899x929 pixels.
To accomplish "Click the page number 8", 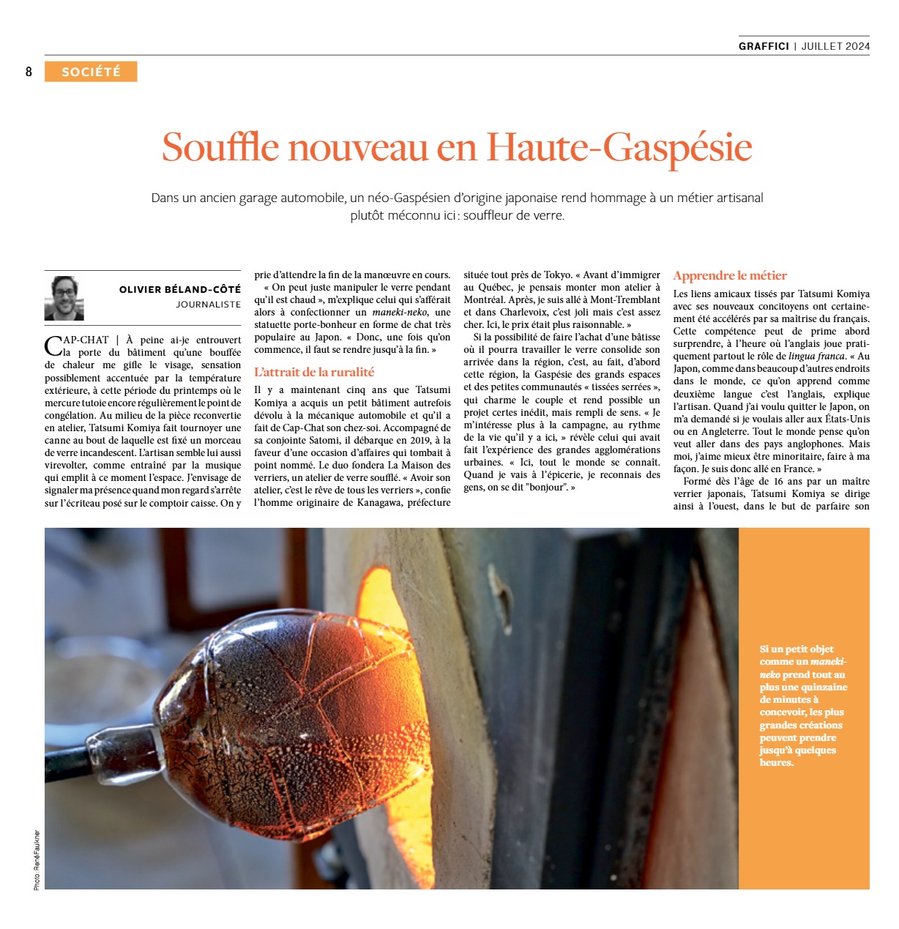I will tap(29, 72).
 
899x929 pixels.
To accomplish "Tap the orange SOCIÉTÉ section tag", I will tap(91, 72).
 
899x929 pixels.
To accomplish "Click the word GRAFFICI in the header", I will tap(764, 46).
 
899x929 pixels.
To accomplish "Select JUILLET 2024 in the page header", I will tap(835, 46).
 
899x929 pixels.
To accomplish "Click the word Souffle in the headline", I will tap(220, 147).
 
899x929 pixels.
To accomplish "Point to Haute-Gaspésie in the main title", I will tap(619, 147).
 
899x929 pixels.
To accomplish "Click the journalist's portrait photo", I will tap(64, 298).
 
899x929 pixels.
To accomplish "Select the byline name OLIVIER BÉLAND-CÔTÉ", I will tap(180, 290).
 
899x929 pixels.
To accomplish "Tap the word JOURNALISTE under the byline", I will tap(208, 305).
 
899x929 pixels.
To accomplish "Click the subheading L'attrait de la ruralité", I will tap(314, 372).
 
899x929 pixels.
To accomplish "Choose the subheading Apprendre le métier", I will tap(730, 276).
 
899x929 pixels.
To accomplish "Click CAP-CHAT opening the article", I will tap(77, 340).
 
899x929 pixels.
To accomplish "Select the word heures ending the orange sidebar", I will tap(777, 763).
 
